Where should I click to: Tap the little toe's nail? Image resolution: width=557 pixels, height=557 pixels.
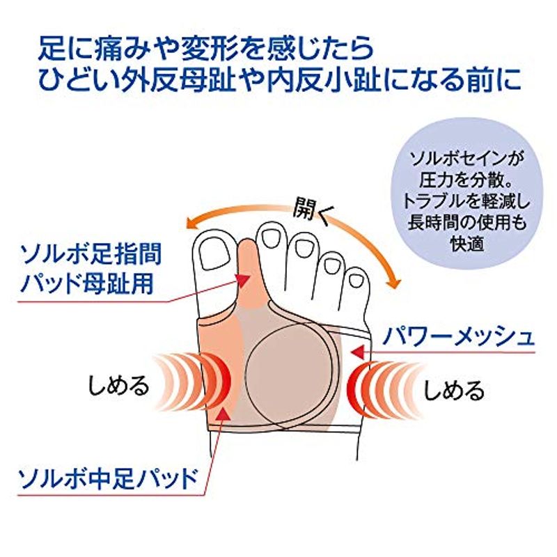355,280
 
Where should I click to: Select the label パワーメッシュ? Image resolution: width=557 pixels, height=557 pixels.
457,338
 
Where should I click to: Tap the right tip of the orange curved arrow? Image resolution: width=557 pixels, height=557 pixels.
395,284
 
